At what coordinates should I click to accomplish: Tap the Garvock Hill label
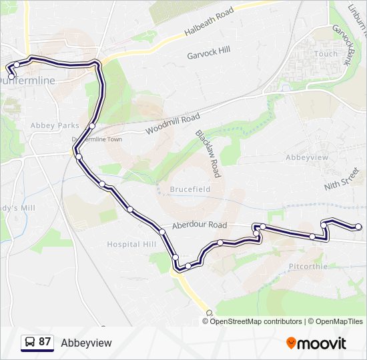[x=208, y=50]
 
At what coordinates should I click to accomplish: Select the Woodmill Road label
[x=172, y=123]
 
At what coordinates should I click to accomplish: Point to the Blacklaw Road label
[x=208, y=153]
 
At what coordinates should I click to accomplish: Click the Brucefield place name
[x=190, y=189]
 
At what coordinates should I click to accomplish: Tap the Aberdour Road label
[x=200, y=225]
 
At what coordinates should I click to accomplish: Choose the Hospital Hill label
[x=131, y=244]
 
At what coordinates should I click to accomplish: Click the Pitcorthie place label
[x=308, y=266]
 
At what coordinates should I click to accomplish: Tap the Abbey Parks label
[x=55, y=125]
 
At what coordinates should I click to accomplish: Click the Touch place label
[x=326, y=54]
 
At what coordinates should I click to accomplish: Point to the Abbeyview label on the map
[x=307, y=157]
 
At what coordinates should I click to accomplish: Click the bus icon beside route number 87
[x=29, y=342]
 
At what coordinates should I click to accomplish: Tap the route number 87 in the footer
[x=45, y=342]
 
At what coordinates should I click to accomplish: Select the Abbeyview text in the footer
[x=86, y=343]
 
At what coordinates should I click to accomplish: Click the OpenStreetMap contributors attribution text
[x=256, y=321]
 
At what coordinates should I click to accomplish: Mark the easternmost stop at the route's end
[x=359, y=227]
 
